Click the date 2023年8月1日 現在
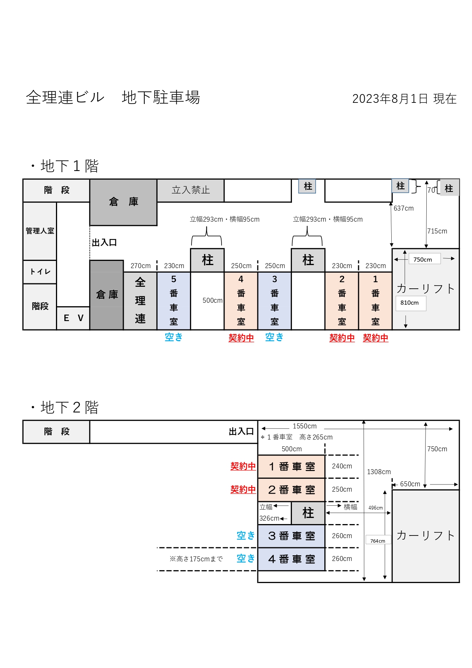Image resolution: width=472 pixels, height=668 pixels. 404,99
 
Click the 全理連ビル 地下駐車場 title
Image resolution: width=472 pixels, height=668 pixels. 113,97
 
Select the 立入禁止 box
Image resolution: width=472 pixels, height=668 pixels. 191,190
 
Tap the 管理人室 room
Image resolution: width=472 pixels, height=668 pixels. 40,231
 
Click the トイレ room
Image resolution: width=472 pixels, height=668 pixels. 40,272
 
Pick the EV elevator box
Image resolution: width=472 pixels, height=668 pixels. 73,318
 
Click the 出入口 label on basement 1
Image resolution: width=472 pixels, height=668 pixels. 104,243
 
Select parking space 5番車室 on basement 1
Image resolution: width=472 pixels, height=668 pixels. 174,301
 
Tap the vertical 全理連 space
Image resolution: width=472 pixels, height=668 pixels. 140,301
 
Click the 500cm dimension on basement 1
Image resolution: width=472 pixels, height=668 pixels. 212,300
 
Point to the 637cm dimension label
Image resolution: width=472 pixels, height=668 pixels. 403,208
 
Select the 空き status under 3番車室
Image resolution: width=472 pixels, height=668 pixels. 274,337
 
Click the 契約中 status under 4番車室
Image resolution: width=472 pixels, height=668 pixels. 241,338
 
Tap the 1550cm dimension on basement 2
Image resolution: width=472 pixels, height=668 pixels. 305,426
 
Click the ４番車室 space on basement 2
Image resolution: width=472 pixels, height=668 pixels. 292,559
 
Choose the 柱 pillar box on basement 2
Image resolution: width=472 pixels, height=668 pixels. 308,513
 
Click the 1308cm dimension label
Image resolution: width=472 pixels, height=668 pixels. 379,472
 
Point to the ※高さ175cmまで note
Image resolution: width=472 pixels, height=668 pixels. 196,559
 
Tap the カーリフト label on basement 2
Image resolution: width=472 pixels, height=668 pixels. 426,535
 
